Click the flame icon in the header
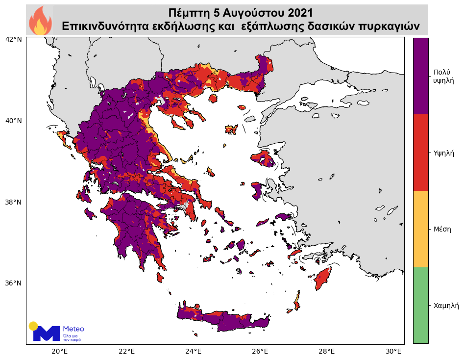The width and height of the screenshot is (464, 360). tap(40, 20)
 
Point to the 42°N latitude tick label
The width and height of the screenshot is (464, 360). tap(13, 39)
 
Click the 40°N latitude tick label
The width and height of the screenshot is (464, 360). tap(13, 121)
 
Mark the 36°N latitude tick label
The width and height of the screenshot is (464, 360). tap(13, 283)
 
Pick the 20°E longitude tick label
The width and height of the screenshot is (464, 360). tap(59, 351)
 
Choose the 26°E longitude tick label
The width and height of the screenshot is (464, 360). tap(260, 351)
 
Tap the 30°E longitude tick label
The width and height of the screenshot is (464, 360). tap(393, 351)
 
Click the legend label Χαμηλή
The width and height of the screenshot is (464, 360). tap(446, 306)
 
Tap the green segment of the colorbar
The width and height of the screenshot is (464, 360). tap(420, 305)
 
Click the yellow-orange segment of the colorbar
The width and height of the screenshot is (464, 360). tap(420, 229)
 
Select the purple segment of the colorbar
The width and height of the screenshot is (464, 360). tap(420, 76)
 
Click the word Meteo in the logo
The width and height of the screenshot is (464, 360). tap(73, 329)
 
